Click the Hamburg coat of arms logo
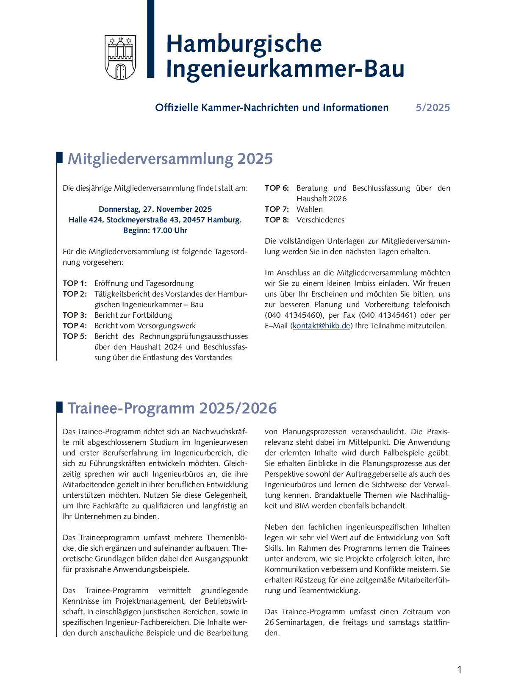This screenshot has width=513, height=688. coord(120,57)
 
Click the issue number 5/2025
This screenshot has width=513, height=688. coord(433,108)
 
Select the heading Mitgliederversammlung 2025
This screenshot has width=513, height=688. coord(170,159)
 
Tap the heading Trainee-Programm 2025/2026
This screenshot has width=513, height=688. coord(172,408)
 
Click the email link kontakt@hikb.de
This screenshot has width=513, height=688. coord(322,326)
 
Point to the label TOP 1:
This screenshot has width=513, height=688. coord(75,283)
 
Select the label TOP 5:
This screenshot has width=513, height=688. coord(75,336)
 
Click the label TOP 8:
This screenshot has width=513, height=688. coord(277,220)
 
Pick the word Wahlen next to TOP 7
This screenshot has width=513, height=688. coord(310,209)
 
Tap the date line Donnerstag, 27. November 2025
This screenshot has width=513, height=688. coord(155,209)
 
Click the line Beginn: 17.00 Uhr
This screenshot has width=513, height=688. coord(155,230)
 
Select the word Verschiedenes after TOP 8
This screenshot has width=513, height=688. coord(320,220)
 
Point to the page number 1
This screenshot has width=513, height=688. coord(460,670)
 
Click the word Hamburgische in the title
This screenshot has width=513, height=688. coord(244,44)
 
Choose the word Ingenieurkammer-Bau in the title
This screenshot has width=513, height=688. coord(285,69)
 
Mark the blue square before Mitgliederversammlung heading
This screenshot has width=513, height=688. coord(60,157)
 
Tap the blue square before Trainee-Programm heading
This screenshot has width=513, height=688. coord(60,407)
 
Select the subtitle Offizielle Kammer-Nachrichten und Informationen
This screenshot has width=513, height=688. coord(272,108)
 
